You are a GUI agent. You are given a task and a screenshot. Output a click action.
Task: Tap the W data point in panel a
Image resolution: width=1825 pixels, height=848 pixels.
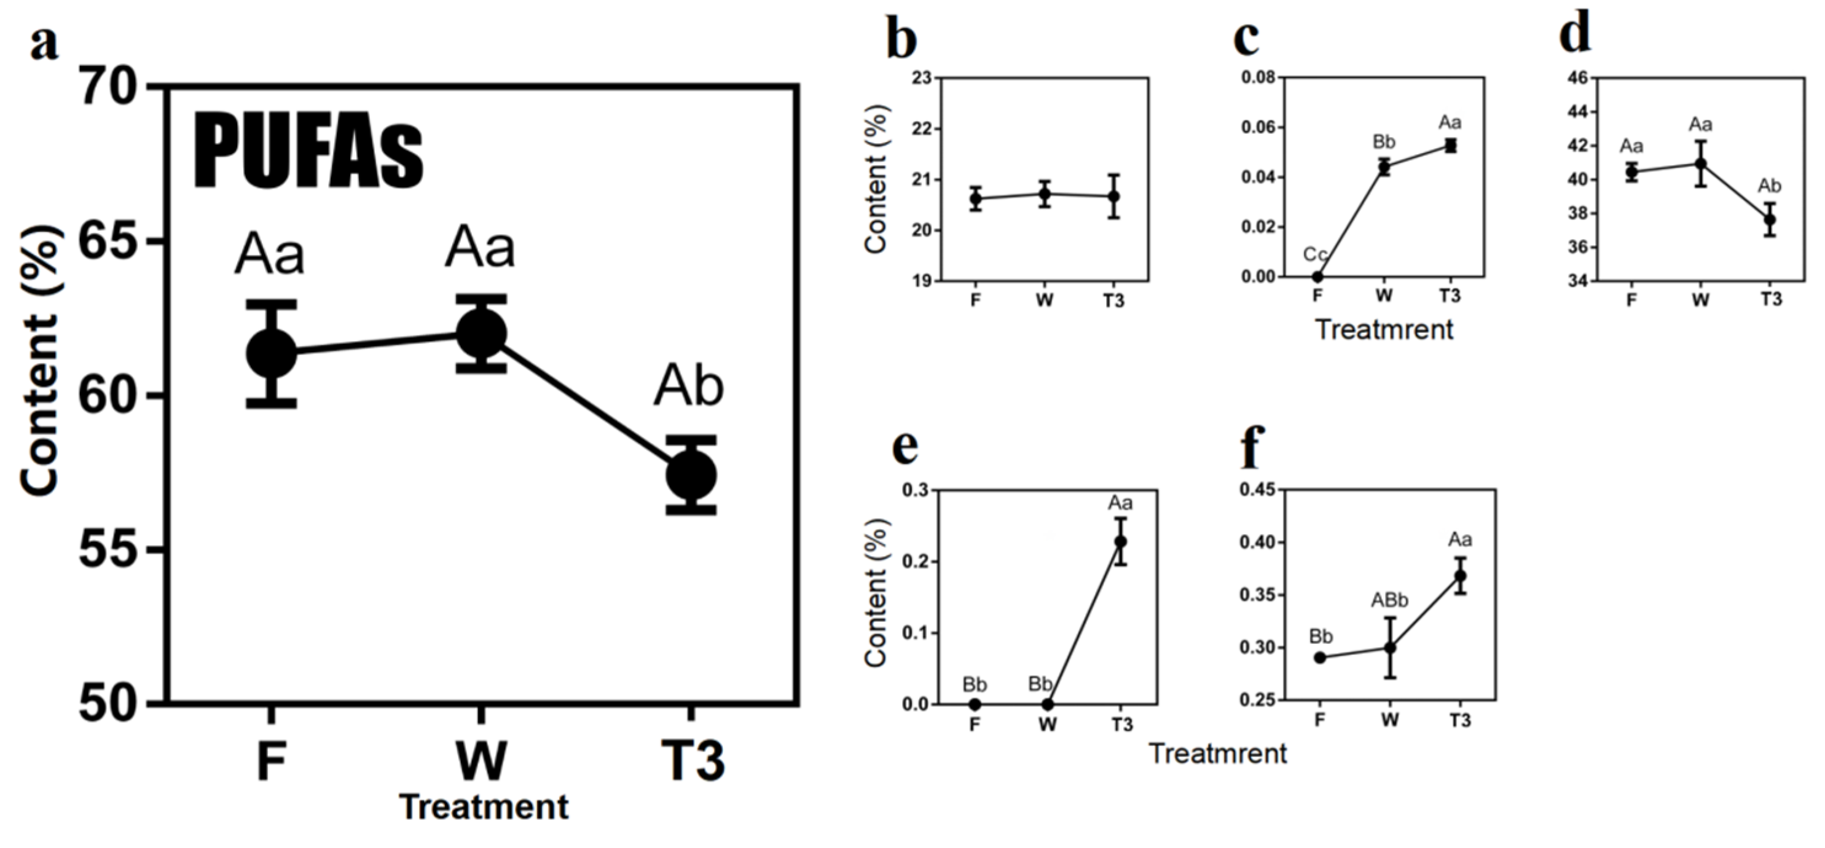pos(481,333)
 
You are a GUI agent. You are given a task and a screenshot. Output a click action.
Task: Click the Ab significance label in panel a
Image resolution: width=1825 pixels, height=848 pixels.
pos(689,387)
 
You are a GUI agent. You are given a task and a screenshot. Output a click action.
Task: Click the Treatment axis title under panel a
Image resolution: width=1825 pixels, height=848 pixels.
pos(484,807)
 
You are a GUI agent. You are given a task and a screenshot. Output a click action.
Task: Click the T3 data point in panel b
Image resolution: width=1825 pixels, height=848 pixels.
pos(1113,196)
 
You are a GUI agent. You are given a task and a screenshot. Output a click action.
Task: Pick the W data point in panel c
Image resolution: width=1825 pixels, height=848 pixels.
pos(1384,168)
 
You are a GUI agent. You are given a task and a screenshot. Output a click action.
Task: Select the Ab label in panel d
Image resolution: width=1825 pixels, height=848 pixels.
pos(1770,186)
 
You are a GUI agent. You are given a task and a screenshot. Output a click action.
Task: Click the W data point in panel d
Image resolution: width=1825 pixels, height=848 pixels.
pos(1700,163)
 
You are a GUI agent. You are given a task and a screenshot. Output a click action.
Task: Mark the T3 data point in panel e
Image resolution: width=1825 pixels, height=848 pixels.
pos(1121,541)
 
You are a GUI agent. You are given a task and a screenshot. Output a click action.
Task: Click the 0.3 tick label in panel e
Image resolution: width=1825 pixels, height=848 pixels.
pos(916,490)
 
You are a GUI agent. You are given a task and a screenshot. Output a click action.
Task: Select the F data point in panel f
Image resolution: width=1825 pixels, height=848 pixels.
pos(1320,658)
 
